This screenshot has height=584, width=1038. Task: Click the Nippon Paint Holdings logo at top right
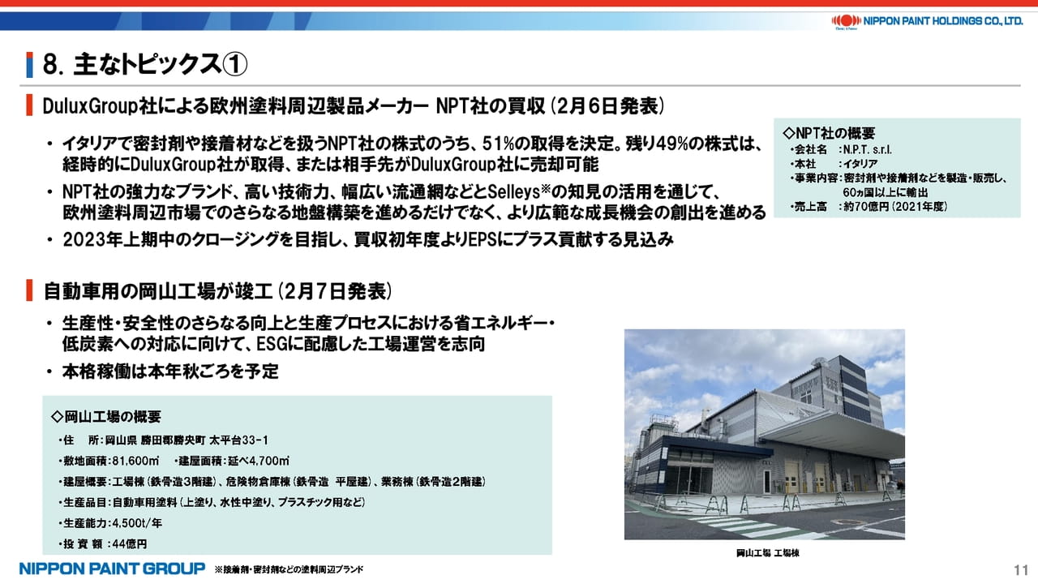(x=927, y=21)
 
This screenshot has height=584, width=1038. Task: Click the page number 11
(x=1021, y=569)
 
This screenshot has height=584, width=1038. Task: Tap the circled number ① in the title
(x=235, y=64)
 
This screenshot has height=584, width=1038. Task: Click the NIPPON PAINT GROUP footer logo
(x=112, y=569)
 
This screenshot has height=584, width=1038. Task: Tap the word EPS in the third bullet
(x=483, y=239)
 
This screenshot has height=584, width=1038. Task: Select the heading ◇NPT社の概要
(x=829, y=134)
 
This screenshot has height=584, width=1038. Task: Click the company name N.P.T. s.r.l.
(x=867, y=150)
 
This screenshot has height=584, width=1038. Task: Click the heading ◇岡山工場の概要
(x=106, y=417)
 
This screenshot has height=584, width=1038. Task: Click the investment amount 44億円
(x=130, y=543)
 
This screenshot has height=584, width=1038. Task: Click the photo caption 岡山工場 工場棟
(x=768, y=553)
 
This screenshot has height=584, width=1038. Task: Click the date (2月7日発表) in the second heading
(x=336, y=291)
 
